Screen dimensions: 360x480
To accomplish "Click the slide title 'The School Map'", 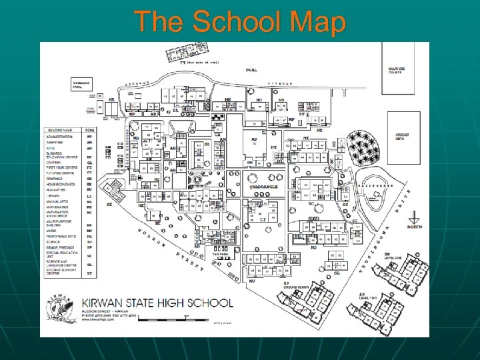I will tap(240, 21).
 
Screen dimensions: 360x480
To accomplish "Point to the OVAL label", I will tap(251, 69).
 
